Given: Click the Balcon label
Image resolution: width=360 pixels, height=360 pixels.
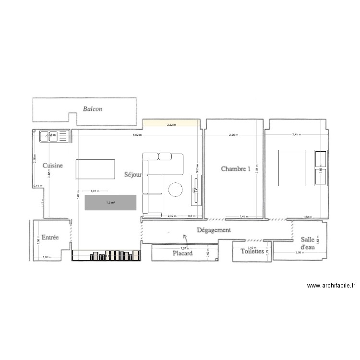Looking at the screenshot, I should coord(93,109).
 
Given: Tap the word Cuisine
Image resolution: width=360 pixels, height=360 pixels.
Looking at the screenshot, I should coord(53,166).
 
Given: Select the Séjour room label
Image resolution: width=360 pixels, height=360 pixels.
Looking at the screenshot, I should coord(132,175).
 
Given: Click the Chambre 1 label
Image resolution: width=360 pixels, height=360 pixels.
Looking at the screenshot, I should coord(236,168).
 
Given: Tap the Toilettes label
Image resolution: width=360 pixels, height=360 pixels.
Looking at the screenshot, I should coord(252,251).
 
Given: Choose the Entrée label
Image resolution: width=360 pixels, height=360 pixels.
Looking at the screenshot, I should coord(50,237).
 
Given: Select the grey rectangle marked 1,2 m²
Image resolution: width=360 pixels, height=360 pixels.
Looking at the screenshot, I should coord(110,202).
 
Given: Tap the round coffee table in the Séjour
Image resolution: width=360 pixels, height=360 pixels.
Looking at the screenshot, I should coord(175,189).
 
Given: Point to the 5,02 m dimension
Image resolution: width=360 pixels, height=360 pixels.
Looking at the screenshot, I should coord(138,135).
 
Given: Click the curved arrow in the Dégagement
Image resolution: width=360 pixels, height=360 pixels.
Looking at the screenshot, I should coord(185,236).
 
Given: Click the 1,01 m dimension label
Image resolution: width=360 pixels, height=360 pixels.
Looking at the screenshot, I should coord(95,191).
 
